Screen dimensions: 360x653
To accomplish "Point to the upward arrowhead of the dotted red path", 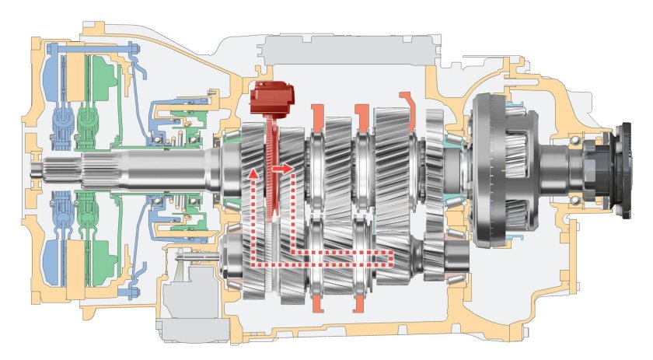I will click(251, 173).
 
